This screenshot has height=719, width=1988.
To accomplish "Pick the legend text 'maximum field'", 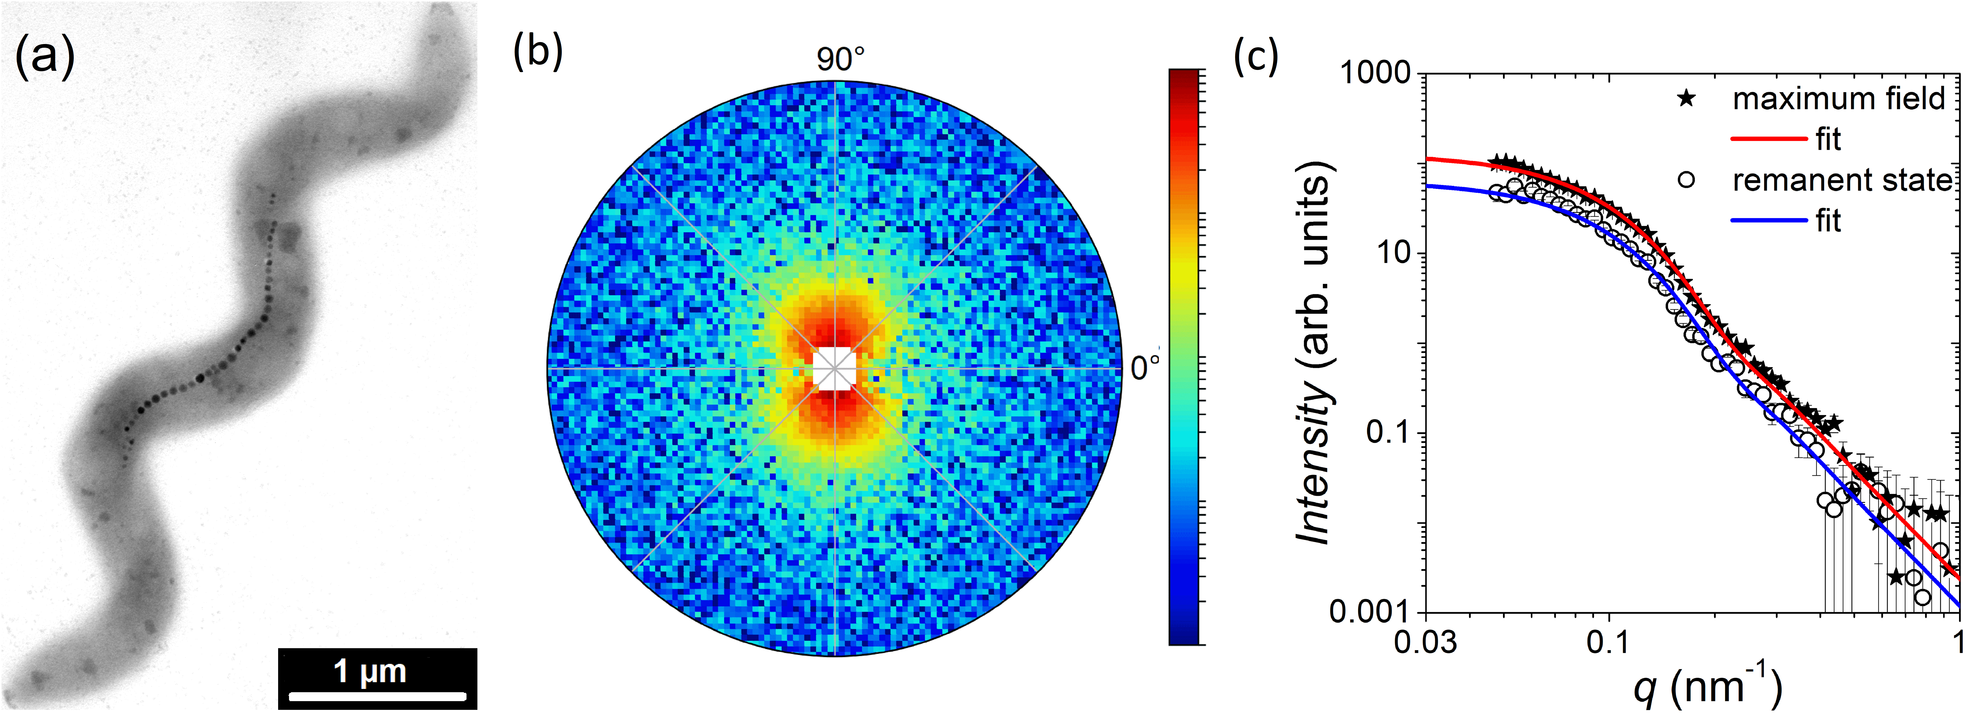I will coord(1838,99).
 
